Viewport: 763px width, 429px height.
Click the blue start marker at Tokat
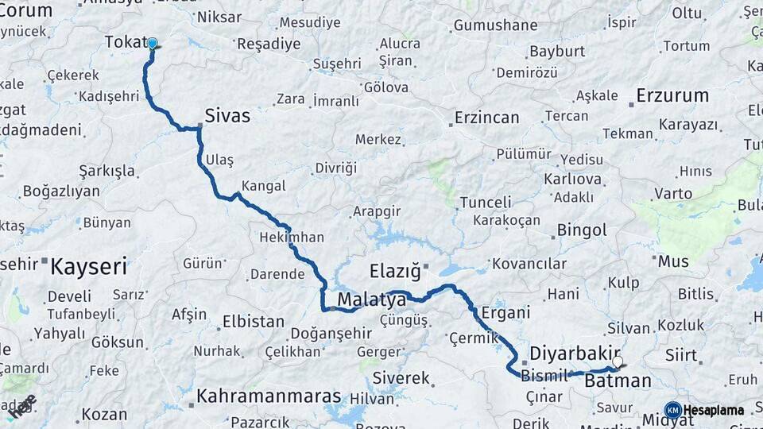tap(152, 44)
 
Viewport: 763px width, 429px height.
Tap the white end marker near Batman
tap(618, 361)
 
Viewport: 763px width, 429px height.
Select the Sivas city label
tap(227, 116)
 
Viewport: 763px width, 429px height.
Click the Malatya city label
tap(372, 300)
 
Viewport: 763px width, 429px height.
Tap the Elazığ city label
tap(395, 272)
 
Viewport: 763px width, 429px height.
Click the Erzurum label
tap(672, 96)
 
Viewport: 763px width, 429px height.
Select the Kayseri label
tap(88, 266)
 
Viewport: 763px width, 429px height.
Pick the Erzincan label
tap(486, 118)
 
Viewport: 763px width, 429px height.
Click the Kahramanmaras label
tap(269, 396)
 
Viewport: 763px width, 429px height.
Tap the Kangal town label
tap(263, 187)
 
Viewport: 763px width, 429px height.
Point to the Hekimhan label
tap(292, 238)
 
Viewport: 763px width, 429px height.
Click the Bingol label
tap(582, 230)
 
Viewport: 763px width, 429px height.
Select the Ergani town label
tap(505, 313)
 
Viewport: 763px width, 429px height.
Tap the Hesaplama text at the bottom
tap(715, 410)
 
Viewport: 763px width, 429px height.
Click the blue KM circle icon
tap(672, 410)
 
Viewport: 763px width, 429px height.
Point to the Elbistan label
tap(253, 322)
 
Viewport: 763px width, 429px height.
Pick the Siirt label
tap(680, 355)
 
